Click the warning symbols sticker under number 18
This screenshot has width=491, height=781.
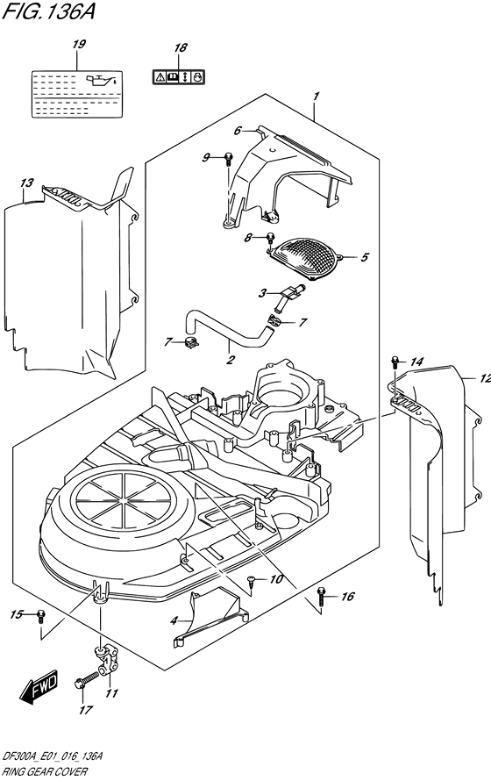(180, 77)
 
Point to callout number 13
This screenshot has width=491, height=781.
(26, 183)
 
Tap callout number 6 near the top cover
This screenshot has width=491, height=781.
(237, 132)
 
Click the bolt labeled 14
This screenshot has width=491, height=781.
(395, 362)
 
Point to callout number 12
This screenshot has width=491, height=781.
(482, 378)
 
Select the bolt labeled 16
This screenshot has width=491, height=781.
(322, 596)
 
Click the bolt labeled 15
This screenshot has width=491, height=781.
(40, 615)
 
